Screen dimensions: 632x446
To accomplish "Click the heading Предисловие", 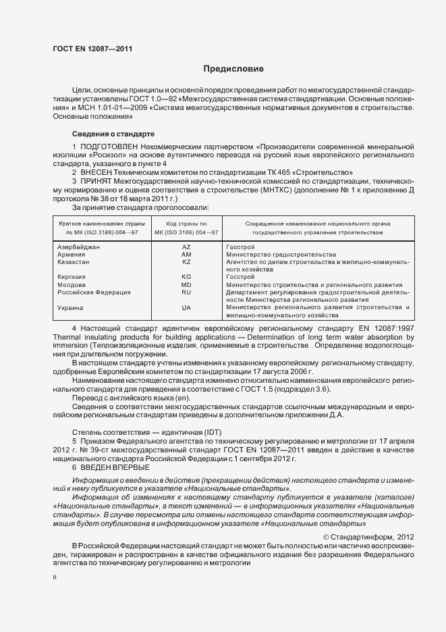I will tap(234, 69).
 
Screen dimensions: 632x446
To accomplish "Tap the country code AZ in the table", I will tap(187, 248).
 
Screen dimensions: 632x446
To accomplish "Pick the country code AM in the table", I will tap(187, 255).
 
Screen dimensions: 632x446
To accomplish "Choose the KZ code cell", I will tap(187, 261).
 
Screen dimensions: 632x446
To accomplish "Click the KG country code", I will tap(187, 277).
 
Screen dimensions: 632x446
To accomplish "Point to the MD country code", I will tap(187, 285).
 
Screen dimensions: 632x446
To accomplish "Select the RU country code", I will tap(187, 292).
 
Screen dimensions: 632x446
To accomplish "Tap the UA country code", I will tap(187, 308).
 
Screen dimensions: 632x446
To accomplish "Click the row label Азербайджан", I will tap(79, 248).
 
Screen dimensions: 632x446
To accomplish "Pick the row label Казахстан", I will tap(75, 261).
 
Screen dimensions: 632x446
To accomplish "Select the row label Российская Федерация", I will tap(93, 292).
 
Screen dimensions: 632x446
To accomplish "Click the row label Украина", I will tap(72, 308).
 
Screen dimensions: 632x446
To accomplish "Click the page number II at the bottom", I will tap(55, 578).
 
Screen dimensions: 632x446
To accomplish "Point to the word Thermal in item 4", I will tap(67, 336).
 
